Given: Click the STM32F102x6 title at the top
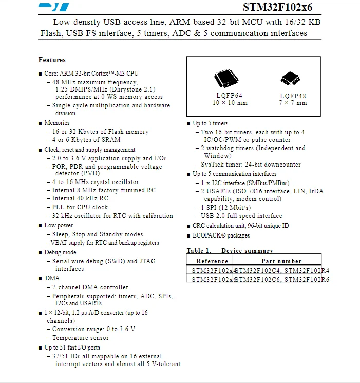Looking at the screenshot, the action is point(277,7).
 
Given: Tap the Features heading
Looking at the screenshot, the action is point(52,60).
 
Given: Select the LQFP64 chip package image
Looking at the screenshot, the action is point(226,79).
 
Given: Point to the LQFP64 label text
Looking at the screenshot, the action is point(229,95).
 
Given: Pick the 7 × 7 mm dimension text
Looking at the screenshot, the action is point(293,103).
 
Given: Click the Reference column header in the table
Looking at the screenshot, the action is point(212,261).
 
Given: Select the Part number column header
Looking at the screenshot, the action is point(281,261).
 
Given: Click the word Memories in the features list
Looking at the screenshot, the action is point(56,123).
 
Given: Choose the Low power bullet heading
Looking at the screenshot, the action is point(59,225).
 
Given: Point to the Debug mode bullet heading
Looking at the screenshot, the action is point(60,252).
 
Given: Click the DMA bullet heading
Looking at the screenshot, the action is point(52,278).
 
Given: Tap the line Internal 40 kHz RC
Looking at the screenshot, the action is point(80,198).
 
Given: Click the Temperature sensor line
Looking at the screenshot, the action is point(81,338).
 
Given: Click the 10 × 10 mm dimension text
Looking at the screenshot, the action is point(230,103).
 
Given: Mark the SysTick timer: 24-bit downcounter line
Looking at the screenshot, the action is point(251,165).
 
